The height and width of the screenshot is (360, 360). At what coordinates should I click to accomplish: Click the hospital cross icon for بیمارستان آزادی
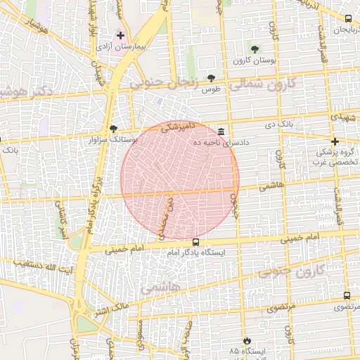pyautogui.click(x=120, y=35)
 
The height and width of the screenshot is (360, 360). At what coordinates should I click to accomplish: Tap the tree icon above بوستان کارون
pyautogui.click(x=255, y=49)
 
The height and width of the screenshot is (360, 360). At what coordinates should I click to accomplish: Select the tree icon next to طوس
pyautogui.click(x=211, y=78)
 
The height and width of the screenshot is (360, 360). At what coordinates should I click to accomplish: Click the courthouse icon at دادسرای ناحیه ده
pyautogui.click(x=221, y=131)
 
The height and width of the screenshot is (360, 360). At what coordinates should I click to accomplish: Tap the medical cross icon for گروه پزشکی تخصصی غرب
pyautogui.click(x=335, y=141)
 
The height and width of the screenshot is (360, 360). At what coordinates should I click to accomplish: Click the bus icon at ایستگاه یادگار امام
pyautogui.click(x=195, y=243)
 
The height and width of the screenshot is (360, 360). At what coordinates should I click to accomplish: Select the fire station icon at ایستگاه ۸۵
pyautogui.click(x=245, y=340)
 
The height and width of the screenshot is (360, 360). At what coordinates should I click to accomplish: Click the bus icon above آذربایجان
pyautogui.click(x=349, y=18)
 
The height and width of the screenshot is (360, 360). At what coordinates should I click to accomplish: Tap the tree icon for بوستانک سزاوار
pyautogui.click(x=114, y=128)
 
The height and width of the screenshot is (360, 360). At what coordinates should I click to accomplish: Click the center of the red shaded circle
pyautogui.click(x=180, y=179)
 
